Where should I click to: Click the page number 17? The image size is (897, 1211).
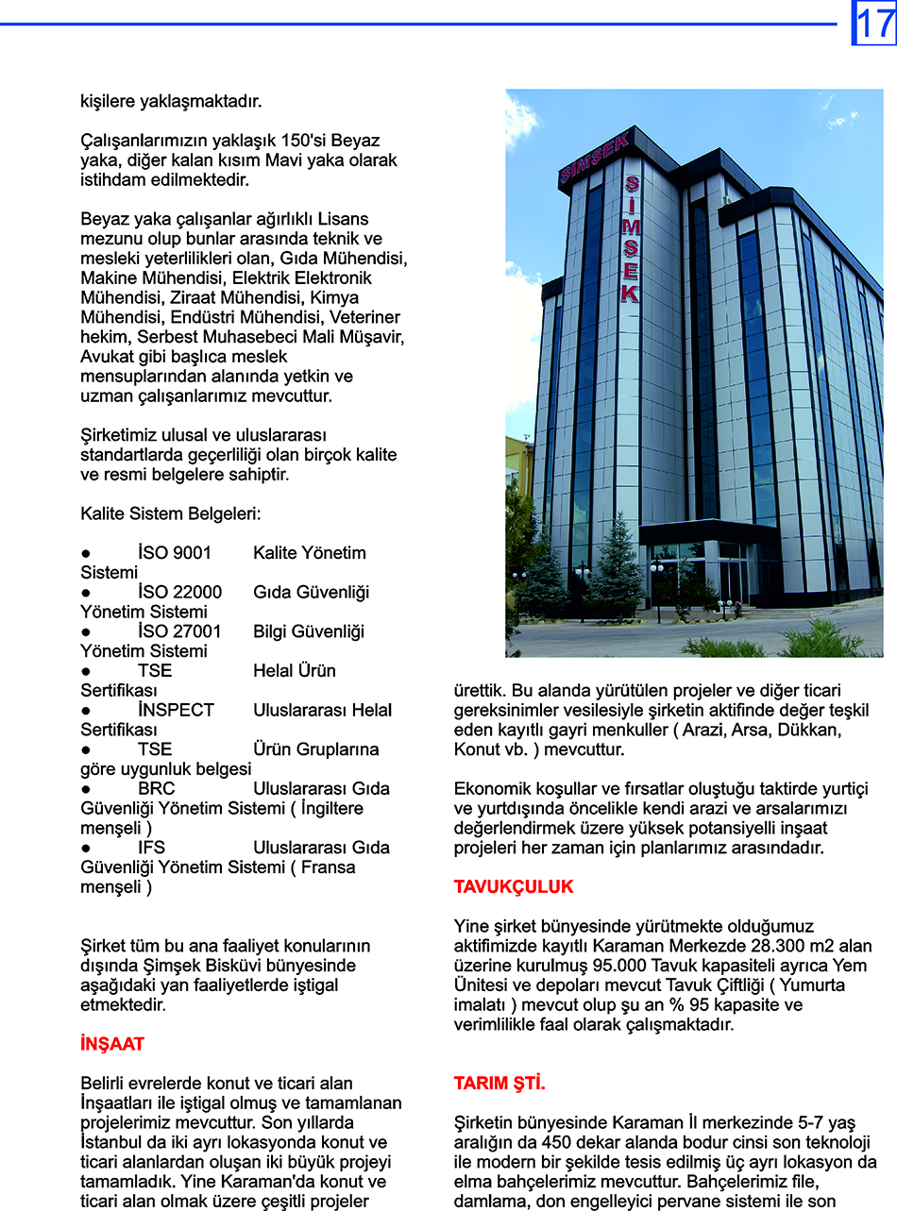tap(874, 23)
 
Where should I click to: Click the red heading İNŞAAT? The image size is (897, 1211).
tap(112, 1044)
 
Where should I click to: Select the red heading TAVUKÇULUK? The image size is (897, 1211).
tap(514, 887)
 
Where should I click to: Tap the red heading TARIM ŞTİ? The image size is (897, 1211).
tap(499, 1084)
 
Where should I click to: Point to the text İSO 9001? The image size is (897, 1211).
tap(175, 553)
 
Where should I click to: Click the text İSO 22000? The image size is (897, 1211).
tap(180, 593)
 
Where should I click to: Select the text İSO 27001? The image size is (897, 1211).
tap(179, 631)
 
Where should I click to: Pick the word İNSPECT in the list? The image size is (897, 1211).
tap(177, 710)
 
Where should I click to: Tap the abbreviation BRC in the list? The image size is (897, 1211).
tap(157, 788)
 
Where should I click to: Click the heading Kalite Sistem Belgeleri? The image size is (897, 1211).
tap(171, 514)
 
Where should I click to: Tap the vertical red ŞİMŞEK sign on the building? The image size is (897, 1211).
tap(630, 240)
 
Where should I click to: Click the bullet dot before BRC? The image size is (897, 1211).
tap(85, 789)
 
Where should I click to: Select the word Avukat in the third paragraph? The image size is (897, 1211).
tap(107, 357)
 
